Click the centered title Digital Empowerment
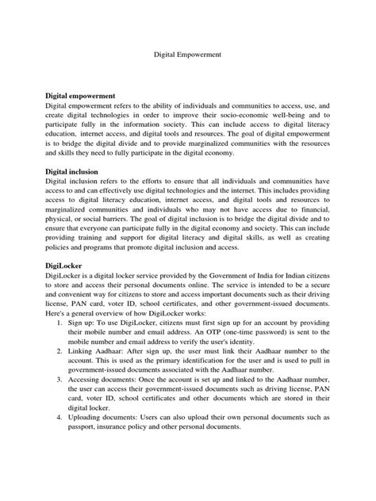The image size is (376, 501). (x=187, y=56)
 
